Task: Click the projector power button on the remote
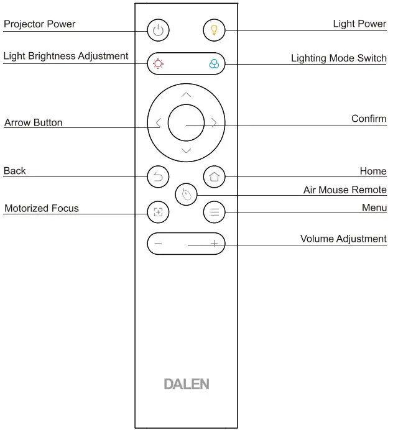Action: coord(158,29)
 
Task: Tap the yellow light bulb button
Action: coord(214,29)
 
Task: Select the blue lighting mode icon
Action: coord(214,63)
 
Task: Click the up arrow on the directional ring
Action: coord(186,94)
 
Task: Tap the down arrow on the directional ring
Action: coord(186,151)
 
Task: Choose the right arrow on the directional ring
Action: coord(214,122)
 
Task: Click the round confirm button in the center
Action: coord(186,122)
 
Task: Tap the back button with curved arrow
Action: coord(158,177)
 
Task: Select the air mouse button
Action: coord(186,194)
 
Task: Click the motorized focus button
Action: coord(158,212)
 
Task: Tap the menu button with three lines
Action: coord(214,212)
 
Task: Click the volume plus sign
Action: coord(214,244)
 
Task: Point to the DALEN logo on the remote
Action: coord(186,384)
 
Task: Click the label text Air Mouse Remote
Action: coord(344,190)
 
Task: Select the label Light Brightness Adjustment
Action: coord(66,56)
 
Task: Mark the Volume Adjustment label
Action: coord(343,239)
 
